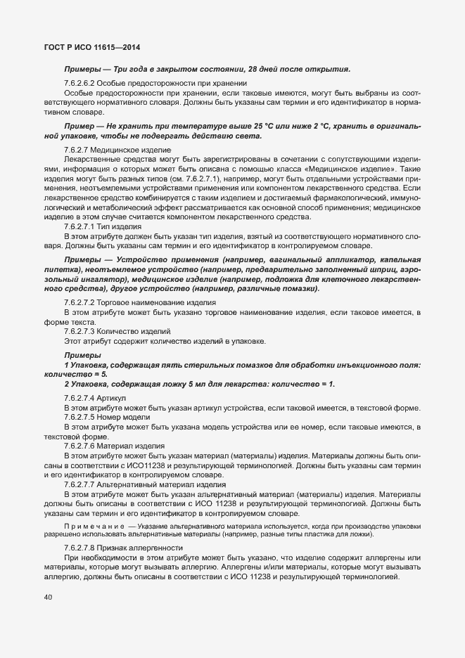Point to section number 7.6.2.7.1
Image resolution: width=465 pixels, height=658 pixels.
click(83, 226)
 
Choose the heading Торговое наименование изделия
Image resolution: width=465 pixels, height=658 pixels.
click(160, 302)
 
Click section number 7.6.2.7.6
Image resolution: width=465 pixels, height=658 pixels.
click(83, 445)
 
